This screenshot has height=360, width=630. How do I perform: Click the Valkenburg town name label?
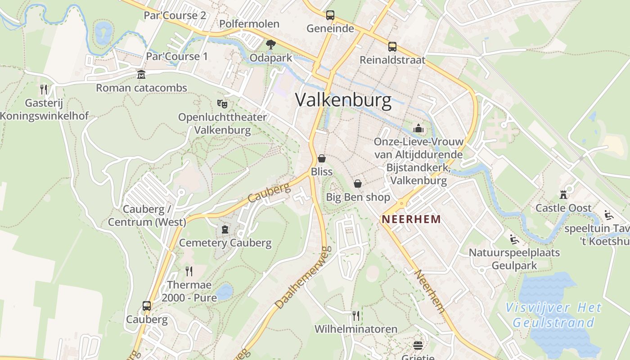pos(343,100)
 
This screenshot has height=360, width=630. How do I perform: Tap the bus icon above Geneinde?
pos(330,15)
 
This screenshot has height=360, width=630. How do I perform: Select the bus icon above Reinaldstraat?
pos(392,47)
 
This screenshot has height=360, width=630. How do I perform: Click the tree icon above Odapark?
pos(270,44)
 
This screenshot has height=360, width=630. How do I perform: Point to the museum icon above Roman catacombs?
pos(141,74)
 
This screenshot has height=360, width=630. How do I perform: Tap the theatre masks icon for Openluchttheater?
pos(222,104)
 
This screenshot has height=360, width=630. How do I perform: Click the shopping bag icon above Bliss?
pos(322,158)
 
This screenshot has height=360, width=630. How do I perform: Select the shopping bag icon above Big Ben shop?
pos(358,184)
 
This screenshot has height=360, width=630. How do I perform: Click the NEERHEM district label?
pos(410,220)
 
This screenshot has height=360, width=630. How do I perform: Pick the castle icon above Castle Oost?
pos(563,195)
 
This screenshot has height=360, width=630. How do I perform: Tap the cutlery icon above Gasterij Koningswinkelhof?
pos(44,89)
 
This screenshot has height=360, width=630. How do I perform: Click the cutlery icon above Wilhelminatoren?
pos(356,315)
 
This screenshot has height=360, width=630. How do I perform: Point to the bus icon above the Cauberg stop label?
pos(147,306)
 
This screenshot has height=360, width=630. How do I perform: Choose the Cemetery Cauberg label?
pos(225,243)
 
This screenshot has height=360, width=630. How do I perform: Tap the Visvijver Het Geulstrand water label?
pos(553,315)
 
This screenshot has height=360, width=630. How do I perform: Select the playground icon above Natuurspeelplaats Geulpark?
pos(514,239)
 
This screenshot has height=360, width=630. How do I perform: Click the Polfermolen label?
pos(249,24)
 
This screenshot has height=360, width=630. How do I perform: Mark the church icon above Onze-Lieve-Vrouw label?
pos(419,129)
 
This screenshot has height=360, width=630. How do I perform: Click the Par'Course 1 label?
pos(177,57)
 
